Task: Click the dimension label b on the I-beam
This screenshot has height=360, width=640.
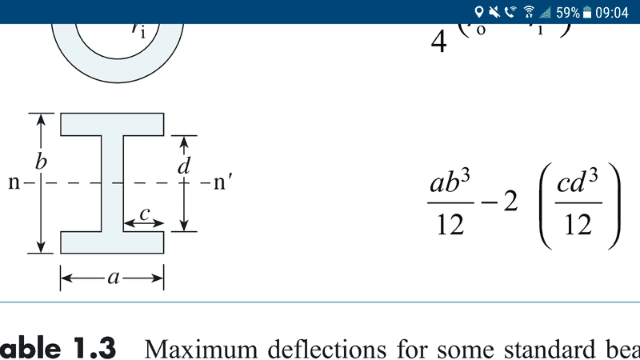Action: (41, 162)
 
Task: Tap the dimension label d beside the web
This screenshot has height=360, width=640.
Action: (184, 166)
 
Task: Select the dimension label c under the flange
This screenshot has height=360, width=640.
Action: (144, 214)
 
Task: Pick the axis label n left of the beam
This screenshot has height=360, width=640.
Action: (14, 183)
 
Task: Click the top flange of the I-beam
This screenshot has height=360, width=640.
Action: (113, 124)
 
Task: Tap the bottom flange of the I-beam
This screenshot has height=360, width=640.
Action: (113, 242)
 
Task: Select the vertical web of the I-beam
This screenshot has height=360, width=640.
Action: (112, 183)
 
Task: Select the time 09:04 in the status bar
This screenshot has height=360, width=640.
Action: (614, 11)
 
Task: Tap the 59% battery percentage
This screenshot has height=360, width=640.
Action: (568, 11)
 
